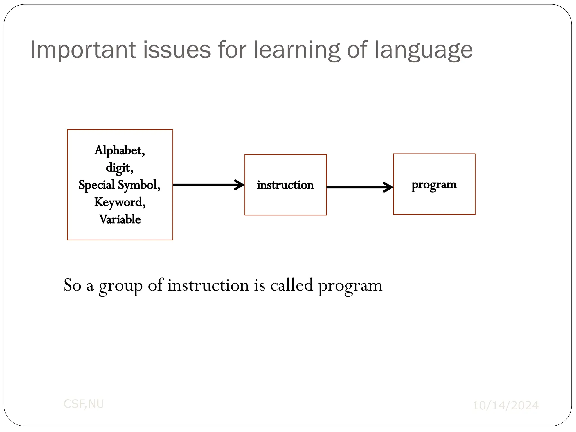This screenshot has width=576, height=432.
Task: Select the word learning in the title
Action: (296, 50)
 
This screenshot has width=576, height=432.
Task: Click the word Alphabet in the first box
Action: (118, 150)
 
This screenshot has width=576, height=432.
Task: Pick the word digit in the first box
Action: (118, 168)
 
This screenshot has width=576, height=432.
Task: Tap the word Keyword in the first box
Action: (118, 202)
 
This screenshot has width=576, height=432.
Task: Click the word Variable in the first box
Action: (120, 219)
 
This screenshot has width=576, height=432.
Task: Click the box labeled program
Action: (434, 200)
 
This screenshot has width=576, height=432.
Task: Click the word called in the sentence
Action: (292, 285)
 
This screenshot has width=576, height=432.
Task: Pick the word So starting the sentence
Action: (73, 285)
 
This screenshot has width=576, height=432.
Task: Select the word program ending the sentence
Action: (350, 286)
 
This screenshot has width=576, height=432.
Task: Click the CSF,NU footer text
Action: (84, 404)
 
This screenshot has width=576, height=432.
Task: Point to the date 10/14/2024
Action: (505, 406)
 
